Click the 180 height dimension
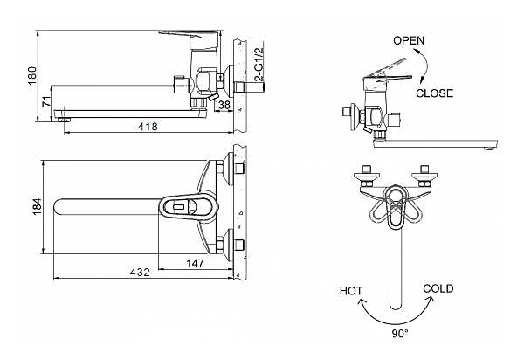coord(32,75)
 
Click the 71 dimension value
coord(47,101)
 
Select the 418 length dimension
coord(148,127)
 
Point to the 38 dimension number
coord(224,105)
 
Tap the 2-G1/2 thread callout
coord(259,65)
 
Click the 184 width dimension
coord(38,206)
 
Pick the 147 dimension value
coord(195,263)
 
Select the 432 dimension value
coord(140,273)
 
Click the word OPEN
coord(409,41)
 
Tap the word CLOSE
coord(434,93)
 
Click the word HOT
coord(351,291)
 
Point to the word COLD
coord(438,288)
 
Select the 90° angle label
coord(400,333)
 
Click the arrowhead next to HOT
coord(362,302)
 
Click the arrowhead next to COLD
coord(431,299)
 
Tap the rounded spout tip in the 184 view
coord(56,207)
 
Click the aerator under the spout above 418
coord(65,120)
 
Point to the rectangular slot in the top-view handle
coord(179,207)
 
